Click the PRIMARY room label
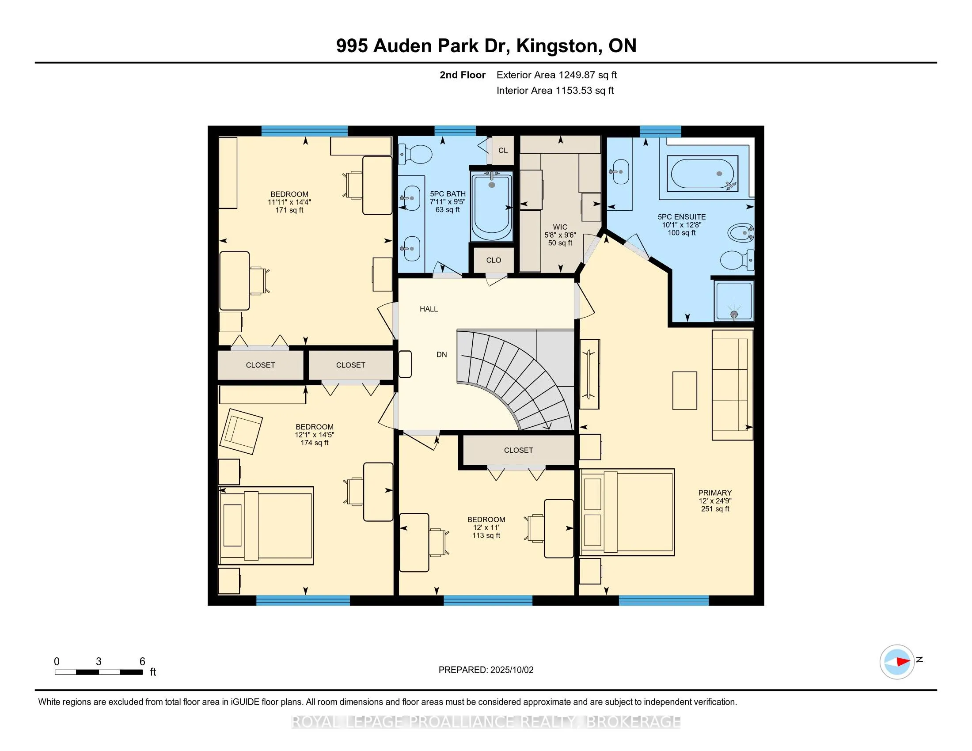(x=715, y=493)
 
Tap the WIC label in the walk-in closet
(x=560, y=227)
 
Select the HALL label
(x=429, y=309)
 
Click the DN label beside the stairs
(x=441, y=355)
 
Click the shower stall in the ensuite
(x=733, y=300)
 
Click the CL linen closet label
(x=503, y=150)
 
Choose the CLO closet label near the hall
(x=494, y=260)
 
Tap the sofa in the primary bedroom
(x=732, y=385)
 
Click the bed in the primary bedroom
(x=627, y=512)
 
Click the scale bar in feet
(x=99, y=672)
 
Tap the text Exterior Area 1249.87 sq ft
(x=556, y=75)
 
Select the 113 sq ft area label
(x=486, y=536)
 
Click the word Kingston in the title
(x=557, y=46)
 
